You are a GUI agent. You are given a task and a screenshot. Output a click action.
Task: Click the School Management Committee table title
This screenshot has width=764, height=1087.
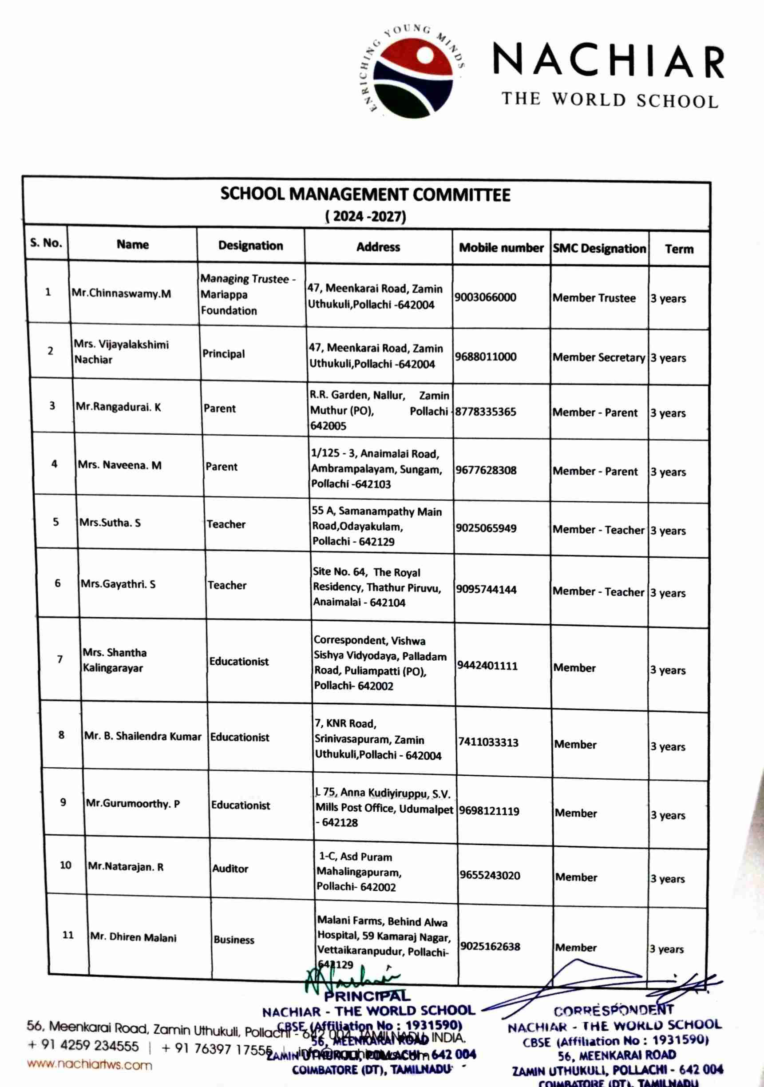click(x=365, y=194)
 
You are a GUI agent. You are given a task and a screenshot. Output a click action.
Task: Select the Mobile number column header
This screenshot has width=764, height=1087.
click(x=501, y=248)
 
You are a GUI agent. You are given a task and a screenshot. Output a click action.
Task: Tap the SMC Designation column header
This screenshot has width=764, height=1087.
click(x=599, y=249)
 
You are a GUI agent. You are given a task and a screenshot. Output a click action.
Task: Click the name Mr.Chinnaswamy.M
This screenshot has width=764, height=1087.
click(x=121, y=293)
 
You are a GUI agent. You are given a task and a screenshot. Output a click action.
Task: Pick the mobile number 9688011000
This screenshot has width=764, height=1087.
click(x=486, y=357)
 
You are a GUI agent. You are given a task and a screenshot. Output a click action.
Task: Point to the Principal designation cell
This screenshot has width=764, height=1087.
click(x=223, y=353)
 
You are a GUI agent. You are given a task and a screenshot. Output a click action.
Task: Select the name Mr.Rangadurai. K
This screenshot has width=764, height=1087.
click(x=119, y=407)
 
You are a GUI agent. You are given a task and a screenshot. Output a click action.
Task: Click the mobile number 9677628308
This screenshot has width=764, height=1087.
click(x=486, y=470)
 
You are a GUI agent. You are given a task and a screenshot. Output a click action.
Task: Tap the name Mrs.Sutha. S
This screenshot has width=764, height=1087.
click(x=110, y=523)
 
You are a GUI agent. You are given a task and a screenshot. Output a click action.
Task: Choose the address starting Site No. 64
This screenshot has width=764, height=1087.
click(x=377, y=587)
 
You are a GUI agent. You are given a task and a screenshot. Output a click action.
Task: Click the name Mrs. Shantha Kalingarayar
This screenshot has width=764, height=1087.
click(x=114, y=660)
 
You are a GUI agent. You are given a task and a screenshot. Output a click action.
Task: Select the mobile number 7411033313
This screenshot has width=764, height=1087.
click(x=488, y=742)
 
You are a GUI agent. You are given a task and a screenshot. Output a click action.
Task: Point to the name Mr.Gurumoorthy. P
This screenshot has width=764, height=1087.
click(x=133, y=803)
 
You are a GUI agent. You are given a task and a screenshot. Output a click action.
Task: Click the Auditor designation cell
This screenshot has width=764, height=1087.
click(x=230, y=868)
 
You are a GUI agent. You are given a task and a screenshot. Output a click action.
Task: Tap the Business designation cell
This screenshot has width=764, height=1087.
click(x=234, y=939)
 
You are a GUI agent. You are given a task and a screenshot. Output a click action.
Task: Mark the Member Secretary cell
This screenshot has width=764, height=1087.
click(x=598, y=357)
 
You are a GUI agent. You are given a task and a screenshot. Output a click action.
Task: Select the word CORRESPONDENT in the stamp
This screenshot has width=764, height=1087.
click(x=614, y=1010)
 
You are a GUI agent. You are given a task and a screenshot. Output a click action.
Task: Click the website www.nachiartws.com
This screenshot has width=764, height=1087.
click(x=90, y=1065)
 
